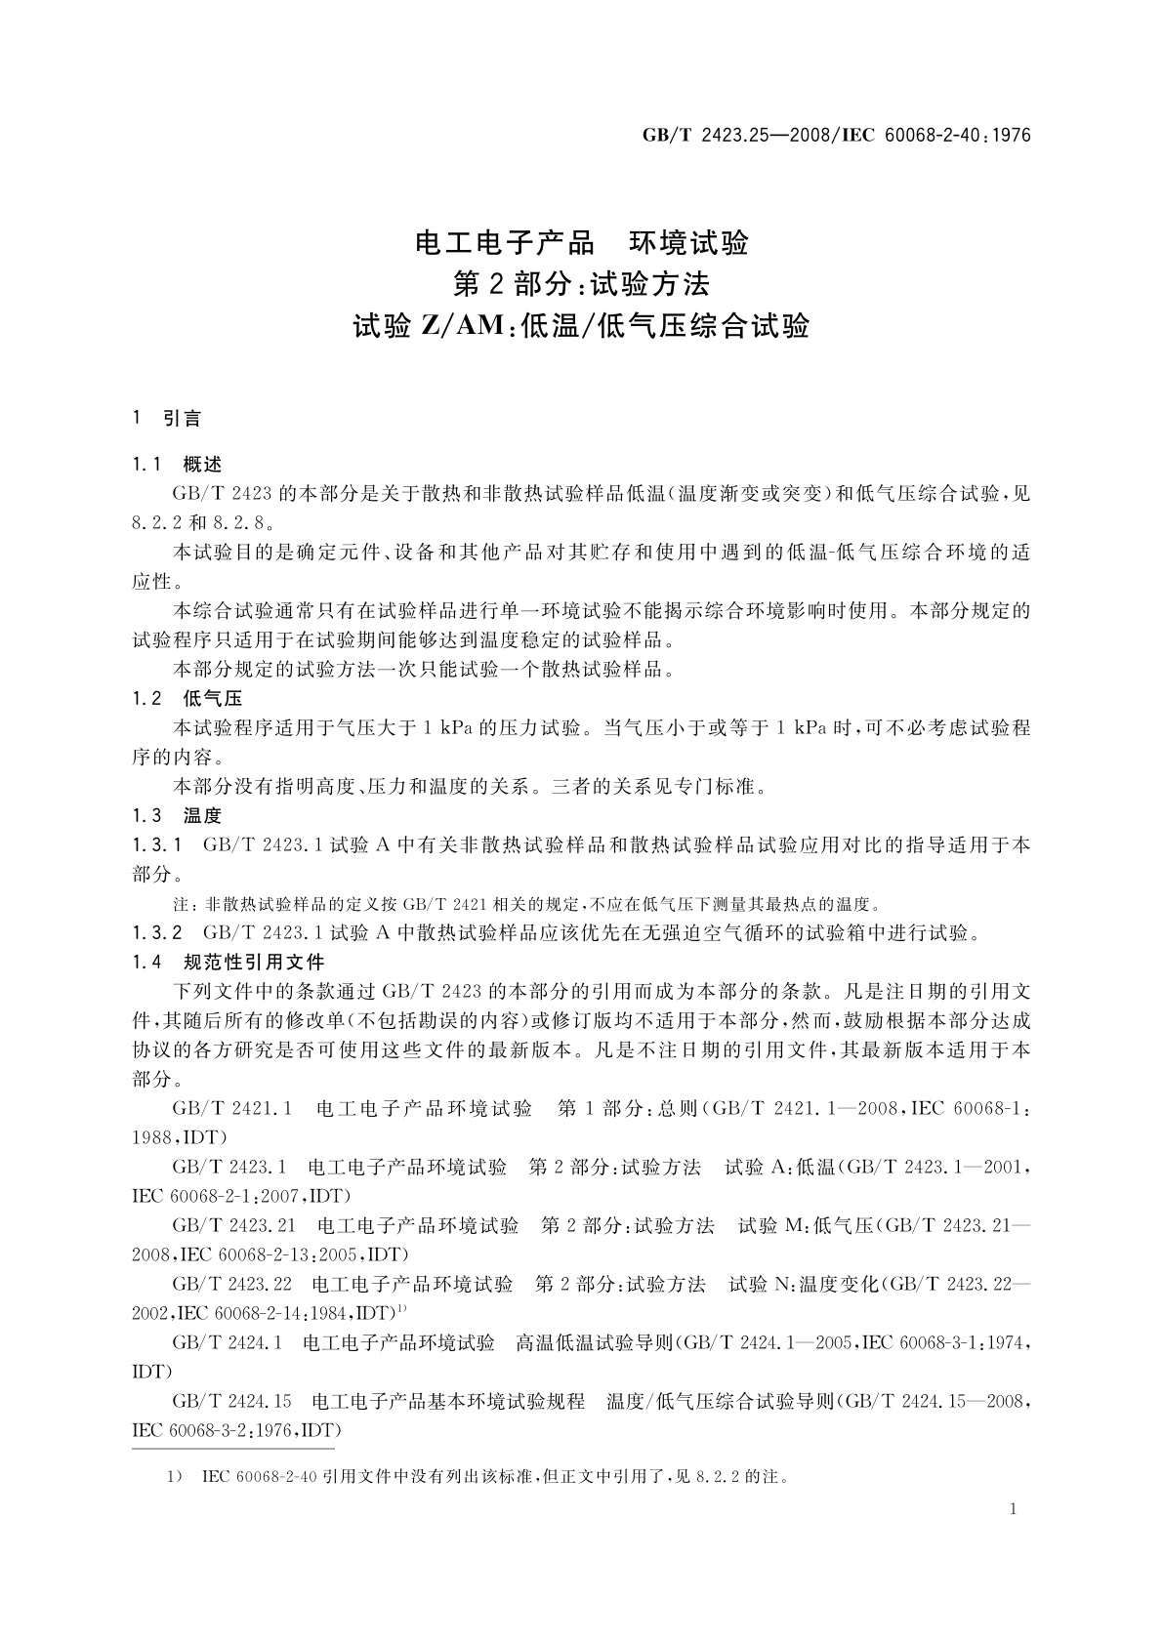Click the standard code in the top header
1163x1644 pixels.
[x=836, y=136]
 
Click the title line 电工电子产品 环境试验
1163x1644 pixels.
[x=581, y=242]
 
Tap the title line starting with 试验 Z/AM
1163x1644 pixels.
[x=581, y=325]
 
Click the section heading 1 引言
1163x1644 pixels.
[x=167, y=419]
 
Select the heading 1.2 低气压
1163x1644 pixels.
[x=187, y=698]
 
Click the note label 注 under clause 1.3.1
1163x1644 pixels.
[x=180, y=904]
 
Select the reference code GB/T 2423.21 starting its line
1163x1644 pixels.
[x=232, y=1225]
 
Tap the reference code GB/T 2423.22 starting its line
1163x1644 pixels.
[x=232, y=1285]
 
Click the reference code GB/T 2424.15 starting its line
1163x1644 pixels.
[x=232, y=1402]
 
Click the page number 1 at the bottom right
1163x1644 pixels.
[x=1013, y=1509]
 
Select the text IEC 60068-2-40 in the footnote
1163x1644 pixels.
[x=259, y=1477]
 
